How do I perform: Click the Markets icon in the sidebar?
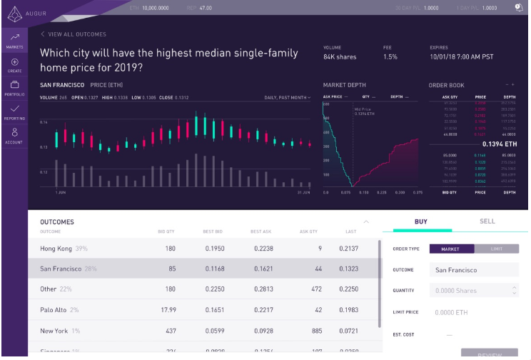(14, 40)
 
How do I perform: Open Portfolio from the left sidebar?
(14, 89)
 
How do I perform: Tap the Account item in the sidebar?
(14, 135)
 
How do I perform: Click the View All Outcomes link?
(74, 34)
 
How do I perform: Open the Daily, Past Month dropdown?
(288, 97)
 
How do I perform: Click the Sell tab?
(487, 221)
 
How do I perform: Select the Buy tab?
(421, 221)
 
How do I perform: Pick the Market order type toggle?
(450, 249)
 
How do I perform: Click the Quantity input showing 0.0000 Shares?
(471, 291)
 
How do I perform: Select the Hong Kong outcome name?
(57, 248)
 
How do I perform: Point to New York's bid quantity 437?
(170, 331)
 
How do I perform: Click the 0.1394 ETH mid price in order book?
(500, 144)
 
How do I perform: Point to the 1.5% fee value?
(390, 57)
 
